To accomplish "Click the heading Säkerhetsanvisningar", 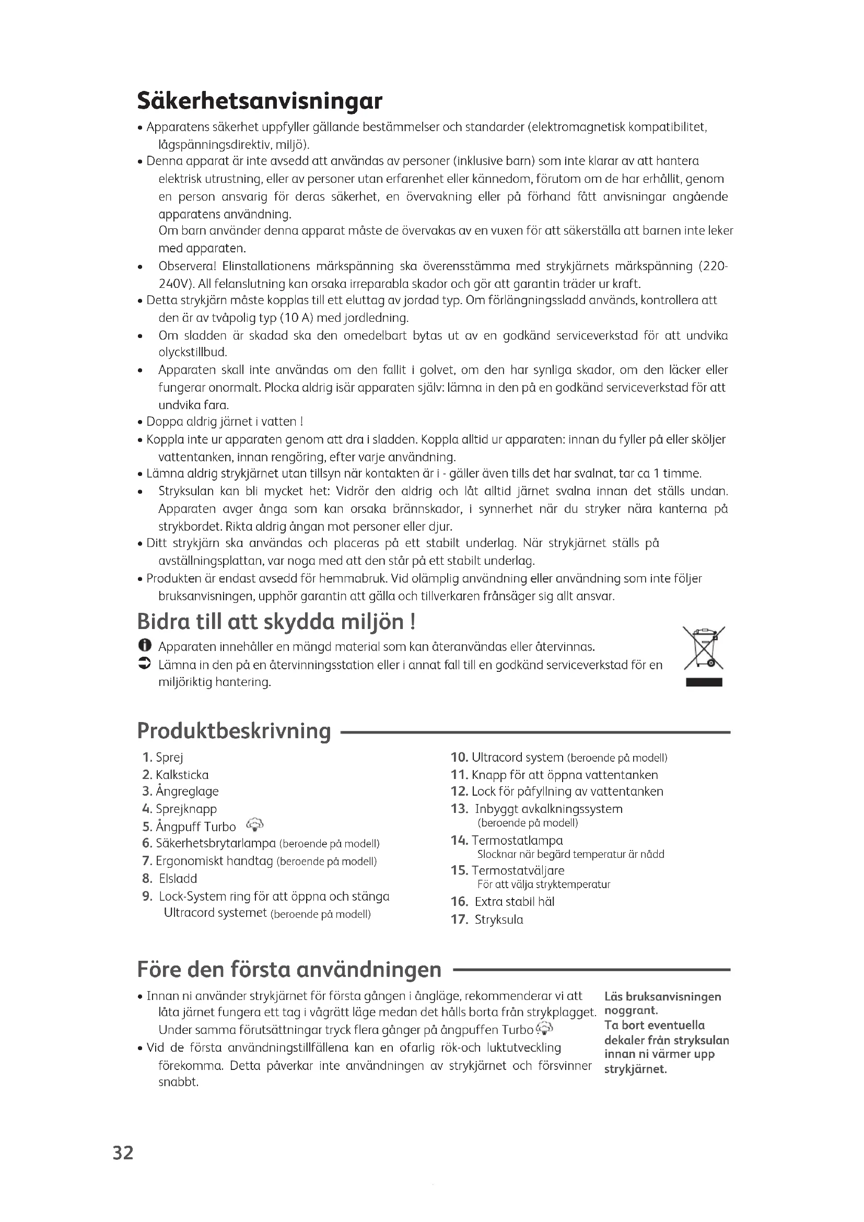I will click(260, 101).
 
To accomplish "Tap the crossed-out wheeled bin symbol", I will click(703, 648).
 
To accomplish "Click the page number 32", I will click(123, 1153).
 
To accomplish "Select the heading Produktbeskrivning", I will click(234, 731).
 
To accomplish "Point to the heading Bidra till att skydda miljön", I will click(276, 621).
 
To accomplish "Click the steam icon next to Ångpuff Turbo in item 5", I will click(255, 825).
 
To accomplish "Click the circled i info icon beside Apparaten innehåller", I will click(144, 646).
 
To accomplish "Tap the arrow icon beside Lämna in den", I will click(144, 664).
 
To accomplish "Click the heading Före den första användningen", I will click(289, 969).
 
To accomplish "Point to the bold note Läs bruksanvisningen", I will click(662, 996).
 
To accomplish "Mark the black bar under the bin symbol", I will click(703, 683).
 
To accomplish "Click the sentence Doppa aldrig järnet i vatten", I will click(224, 422).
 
